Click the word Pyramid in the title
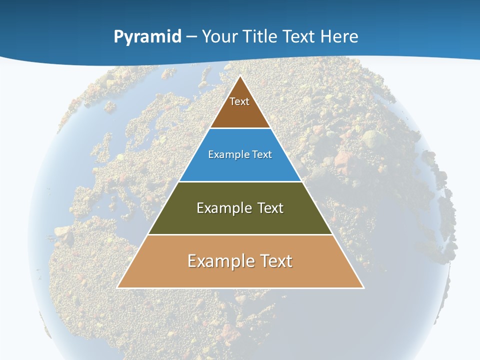point(147,37)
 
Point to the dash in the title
point(191,37)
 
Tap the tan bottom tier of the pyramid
point(240,275)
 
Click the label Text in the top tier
point(239,101)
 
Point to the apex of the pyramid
point(240,76)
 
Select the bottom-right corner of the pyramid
point(363,287)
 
